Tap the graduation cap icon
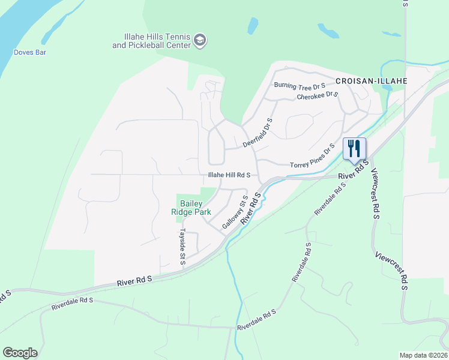pyautogui.click(x=200, y=41)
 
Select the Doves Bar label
pyautogui.click(x=30, y=52)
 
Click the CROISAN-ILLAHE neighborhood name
pyautogui.click(x=372, y=80)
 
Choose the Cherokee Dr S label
pyautogui.click(x=318, y=96)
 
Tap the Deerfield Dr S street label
pyautogui.click(x=258, y=133)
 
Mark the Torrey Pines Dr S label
pyautogui.click(x=312, y=158)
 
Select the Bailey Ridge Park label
pyautogui.click(x=191, y=208)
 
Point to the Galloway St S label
pyautogui.click(x=235, y=212)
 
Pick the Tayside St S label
pyautogui.click(x=182, y=246)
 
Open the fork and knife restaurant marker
pyautogui.click(x=354, y=148)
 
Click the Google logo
pyautogui.click(x=20, y=353)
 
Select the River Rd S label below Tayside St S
pyautogui.click(x=135, y=280)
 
